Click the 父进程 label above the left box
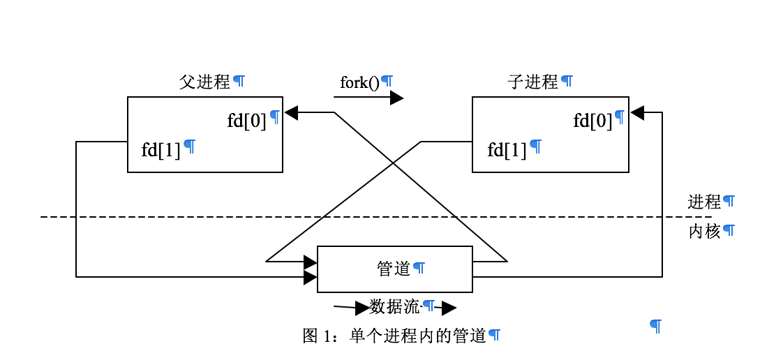click(x=204, y=82)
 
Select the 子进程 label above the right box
click(x=532, y=82)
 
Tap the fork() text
click(x=359, y=82)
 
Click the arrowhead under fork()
click(x=396, y=98)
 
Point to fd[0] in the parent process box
click(x=246, y=121)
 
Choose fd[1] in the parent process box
click(x=161, y=150)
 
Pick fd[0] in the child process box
click(x=592, y=121)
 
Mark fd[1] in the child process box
click(x=507, y=150)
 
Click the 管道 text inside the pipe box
click(x=394, y=268)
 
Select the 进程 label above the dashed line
click(x=703, y=202)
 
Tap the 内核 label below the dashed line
click(x=703, y=232)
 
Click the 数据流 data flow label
click(x=395, y=307)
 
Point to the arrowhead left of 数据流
click(x=361, y=308)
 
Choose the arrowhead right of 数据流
click(x=449, y=308)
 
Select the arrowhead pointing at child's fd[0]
click(x=637, y=112)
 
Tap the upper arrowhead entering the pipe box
click(x=311, y=262)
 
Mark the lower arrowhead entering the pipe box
click(x=311, y=277)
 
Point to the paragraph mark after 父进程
click(x=239, y=81)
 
